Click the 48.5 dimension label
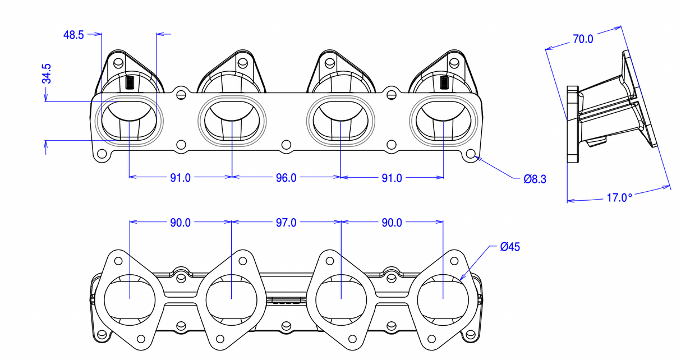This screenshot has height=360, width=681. [73, 35]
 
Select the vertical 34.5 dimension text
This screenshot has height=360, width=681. [47, 74]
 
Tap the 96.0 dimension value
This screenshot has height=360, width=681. [286, 178]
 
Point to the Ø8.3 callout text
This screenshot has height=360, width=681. [535, 179]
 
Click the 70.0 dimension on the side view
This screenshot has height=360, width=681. [583, 39]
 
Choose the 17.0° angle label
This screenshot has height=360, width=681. [619, 198]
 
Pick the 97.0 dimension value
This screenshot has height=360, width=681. [286, 223]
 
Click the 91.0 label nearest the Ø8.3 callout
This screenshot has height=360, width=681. [392, 178]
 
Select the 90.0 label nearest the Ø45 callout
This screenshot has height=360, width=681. [392, 223]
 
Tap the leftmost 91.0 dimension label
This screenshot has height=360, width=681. [180, 178]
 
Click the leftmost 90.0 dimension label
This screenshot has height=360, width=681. [180, 223]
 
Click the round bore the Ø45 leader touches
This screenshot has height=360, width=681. [443, 297]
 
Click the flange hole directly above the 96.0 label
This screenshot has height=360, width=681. [286, 145]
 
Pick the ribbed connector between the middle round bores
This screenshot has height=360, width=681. [286, 301]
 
